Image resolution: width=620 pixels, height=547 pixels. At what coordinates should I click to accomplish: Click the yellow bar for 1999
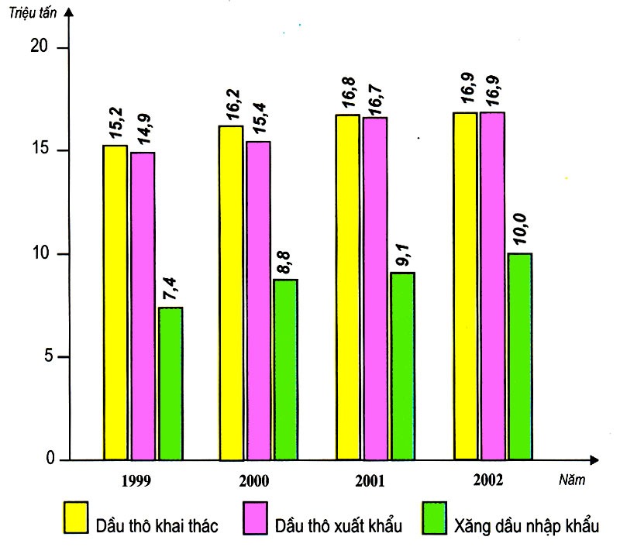(x=115, y=302)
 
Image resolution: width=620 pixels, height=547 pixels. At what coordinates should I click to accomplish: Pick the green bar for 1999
(x=170, y=384)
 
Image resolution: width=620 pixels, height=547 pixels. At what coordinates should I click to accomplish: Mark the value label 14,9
(x=143, y=130)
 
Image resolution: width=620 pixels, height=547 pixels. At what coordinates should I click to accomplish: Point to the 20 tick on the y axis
(x=39, y=47)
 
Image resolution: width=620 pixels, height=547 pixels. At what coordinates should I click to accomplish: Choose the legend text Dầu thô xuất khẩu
(x=339, y=526)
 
